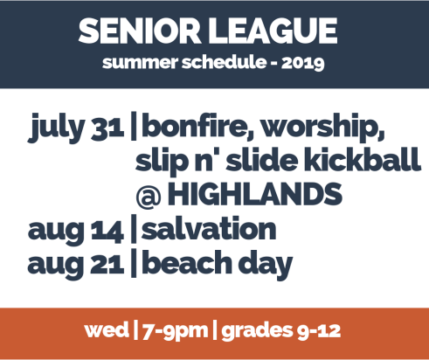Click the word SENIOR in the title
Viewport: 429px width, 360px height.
point(140,31)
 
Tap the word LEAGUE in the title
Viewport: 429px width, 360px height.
point(273,31)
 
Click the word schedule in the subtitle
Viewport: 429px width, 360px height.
point(224,62)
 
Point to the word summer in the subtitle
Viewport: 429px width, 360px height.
point(140,63)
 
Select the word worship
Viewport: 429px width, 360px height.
point(322,128)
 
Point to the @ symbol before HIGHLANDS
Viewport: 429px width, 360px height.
point(149,196)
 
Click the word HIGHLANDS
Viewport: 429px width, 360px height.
point(254,193)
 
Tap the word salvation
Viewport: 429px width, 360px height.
point(209,229)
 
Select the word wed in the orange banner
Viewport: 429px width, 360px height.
point(107,329)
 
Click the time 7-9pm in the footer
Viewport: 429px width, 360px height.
point(175,331)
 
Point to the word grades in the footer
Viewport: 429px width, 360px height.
point(257,331)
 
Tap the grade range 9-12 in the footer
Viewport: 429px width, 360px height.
point(319,331)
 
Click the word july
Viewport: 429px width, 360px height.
point(56,128)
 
